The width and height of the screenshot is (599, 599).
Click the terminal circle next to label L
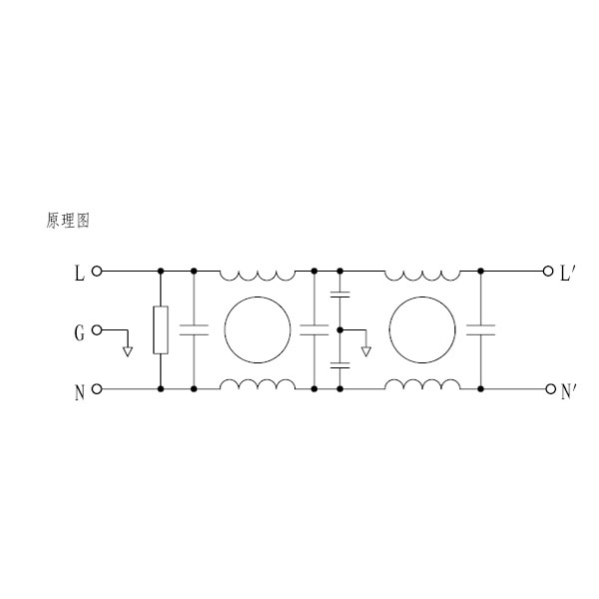[97, 272]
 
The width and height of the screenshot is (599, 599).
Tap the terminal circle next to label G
[97, 330]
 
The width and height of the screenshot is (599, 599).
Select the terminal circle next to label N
[97, 389]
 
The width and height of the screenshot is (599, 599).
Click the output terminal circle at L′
[548, 272]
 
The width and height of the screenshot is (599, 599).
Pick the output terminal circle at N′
[550, 389]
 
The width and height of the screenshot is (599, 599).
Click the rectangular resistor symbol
[161, 330]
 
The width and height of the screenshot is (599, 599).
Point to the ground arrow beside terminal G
[128, 351]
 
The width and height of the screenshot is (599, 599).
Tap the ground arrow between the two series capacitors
[366, 351]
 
